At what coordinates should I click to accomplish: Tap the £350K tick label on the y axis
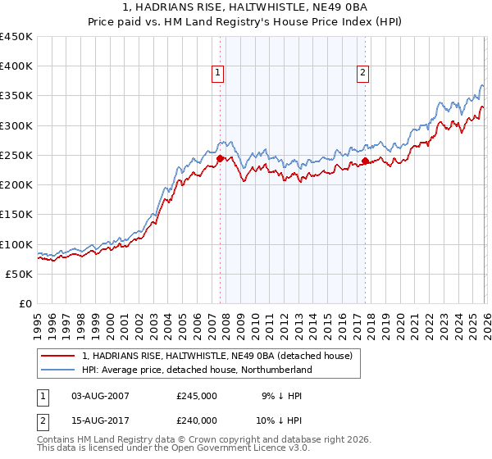pyautogui.click(x=16, y=96)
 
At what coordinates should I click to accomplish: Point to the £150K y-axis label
pyautogui.click(x=16, y=215)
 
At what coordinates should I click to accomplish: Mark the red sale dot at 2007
pyautogui.click(x=220, y=159)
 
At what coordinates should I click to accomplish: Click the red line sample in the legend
pyautogui.click(x=59, y=356)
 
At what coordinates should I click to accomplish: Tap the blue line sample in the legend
pyautogui.click(x=59, y=370)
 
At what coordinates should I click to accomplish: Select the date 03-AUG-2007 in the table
pyautogui.click(x=100, y=396)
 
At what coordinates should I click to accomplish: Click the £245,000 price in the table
pyautogui.click(x=197, y=396)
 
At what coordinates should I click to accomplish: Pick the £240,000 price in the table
pyautogui.click(x=197, y=420)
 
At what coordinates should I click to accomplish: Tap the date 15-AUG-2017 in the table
pyautogui.click(x=100, y=420)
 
